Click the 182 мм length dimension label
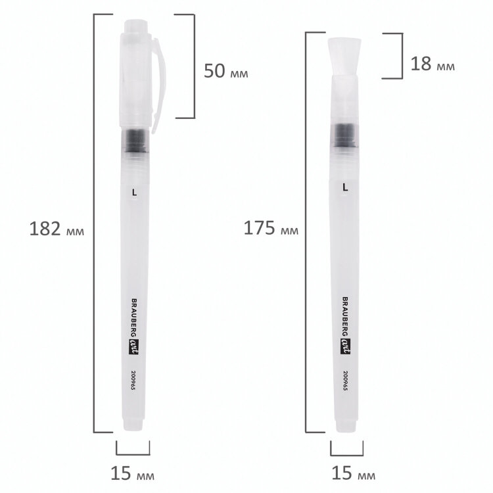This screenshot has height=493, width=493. tap(57, 229)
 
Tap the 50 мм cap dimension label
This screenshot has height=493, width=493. tap(225, 71)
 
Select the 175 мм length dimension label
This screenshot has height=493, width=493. tap(271, 228)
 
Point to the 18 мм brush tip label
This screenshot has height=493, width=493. tap(433, 64)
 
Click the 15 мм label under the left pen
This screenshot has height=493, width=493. tap(132, 473)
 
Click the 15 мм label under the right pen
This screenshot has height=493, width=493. tap(354, 473)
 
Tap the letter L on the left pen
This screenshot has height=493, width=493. tap(135, 193)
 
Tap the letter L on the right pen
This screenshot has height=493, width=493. tap(346, 187)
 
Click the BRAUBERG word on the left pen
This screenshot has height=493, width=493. tap(134, 318)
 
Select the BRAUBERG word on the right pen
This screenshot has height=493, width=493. tap(345, 317)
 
